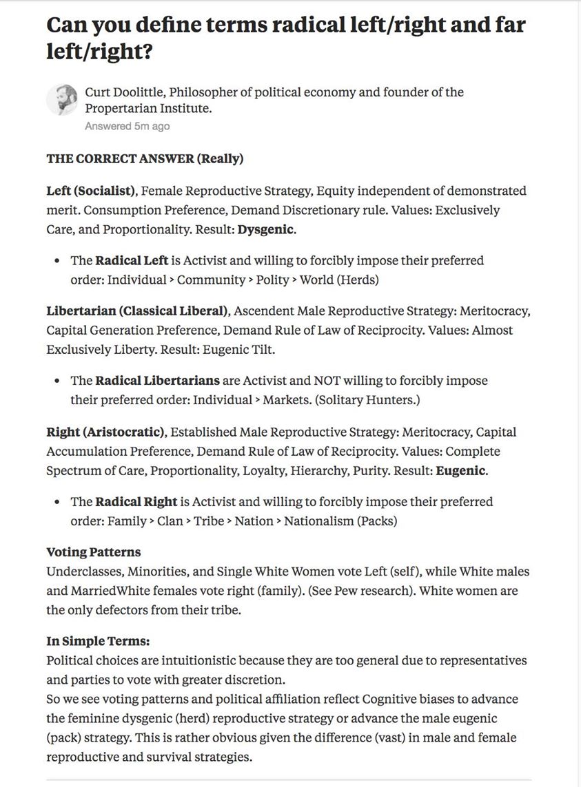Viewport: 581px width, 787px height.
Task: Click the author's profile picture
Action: point(62,101)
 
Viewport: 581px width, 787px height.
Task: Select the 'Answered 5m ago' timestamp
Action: point(127,127)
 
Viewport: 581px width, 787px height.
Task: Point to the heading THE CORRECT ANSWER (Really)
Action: point(145,159)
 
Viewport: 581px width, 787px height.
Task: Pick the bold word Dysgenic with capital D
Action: point(266,229)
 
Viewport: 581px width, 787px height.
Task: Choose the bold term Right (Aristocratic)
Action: point(105,432)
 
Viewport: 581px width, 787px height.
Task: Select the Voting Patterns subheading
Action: point(93,552)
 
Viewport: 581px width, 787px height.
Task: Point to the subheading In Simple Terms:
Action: point(97,641)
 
